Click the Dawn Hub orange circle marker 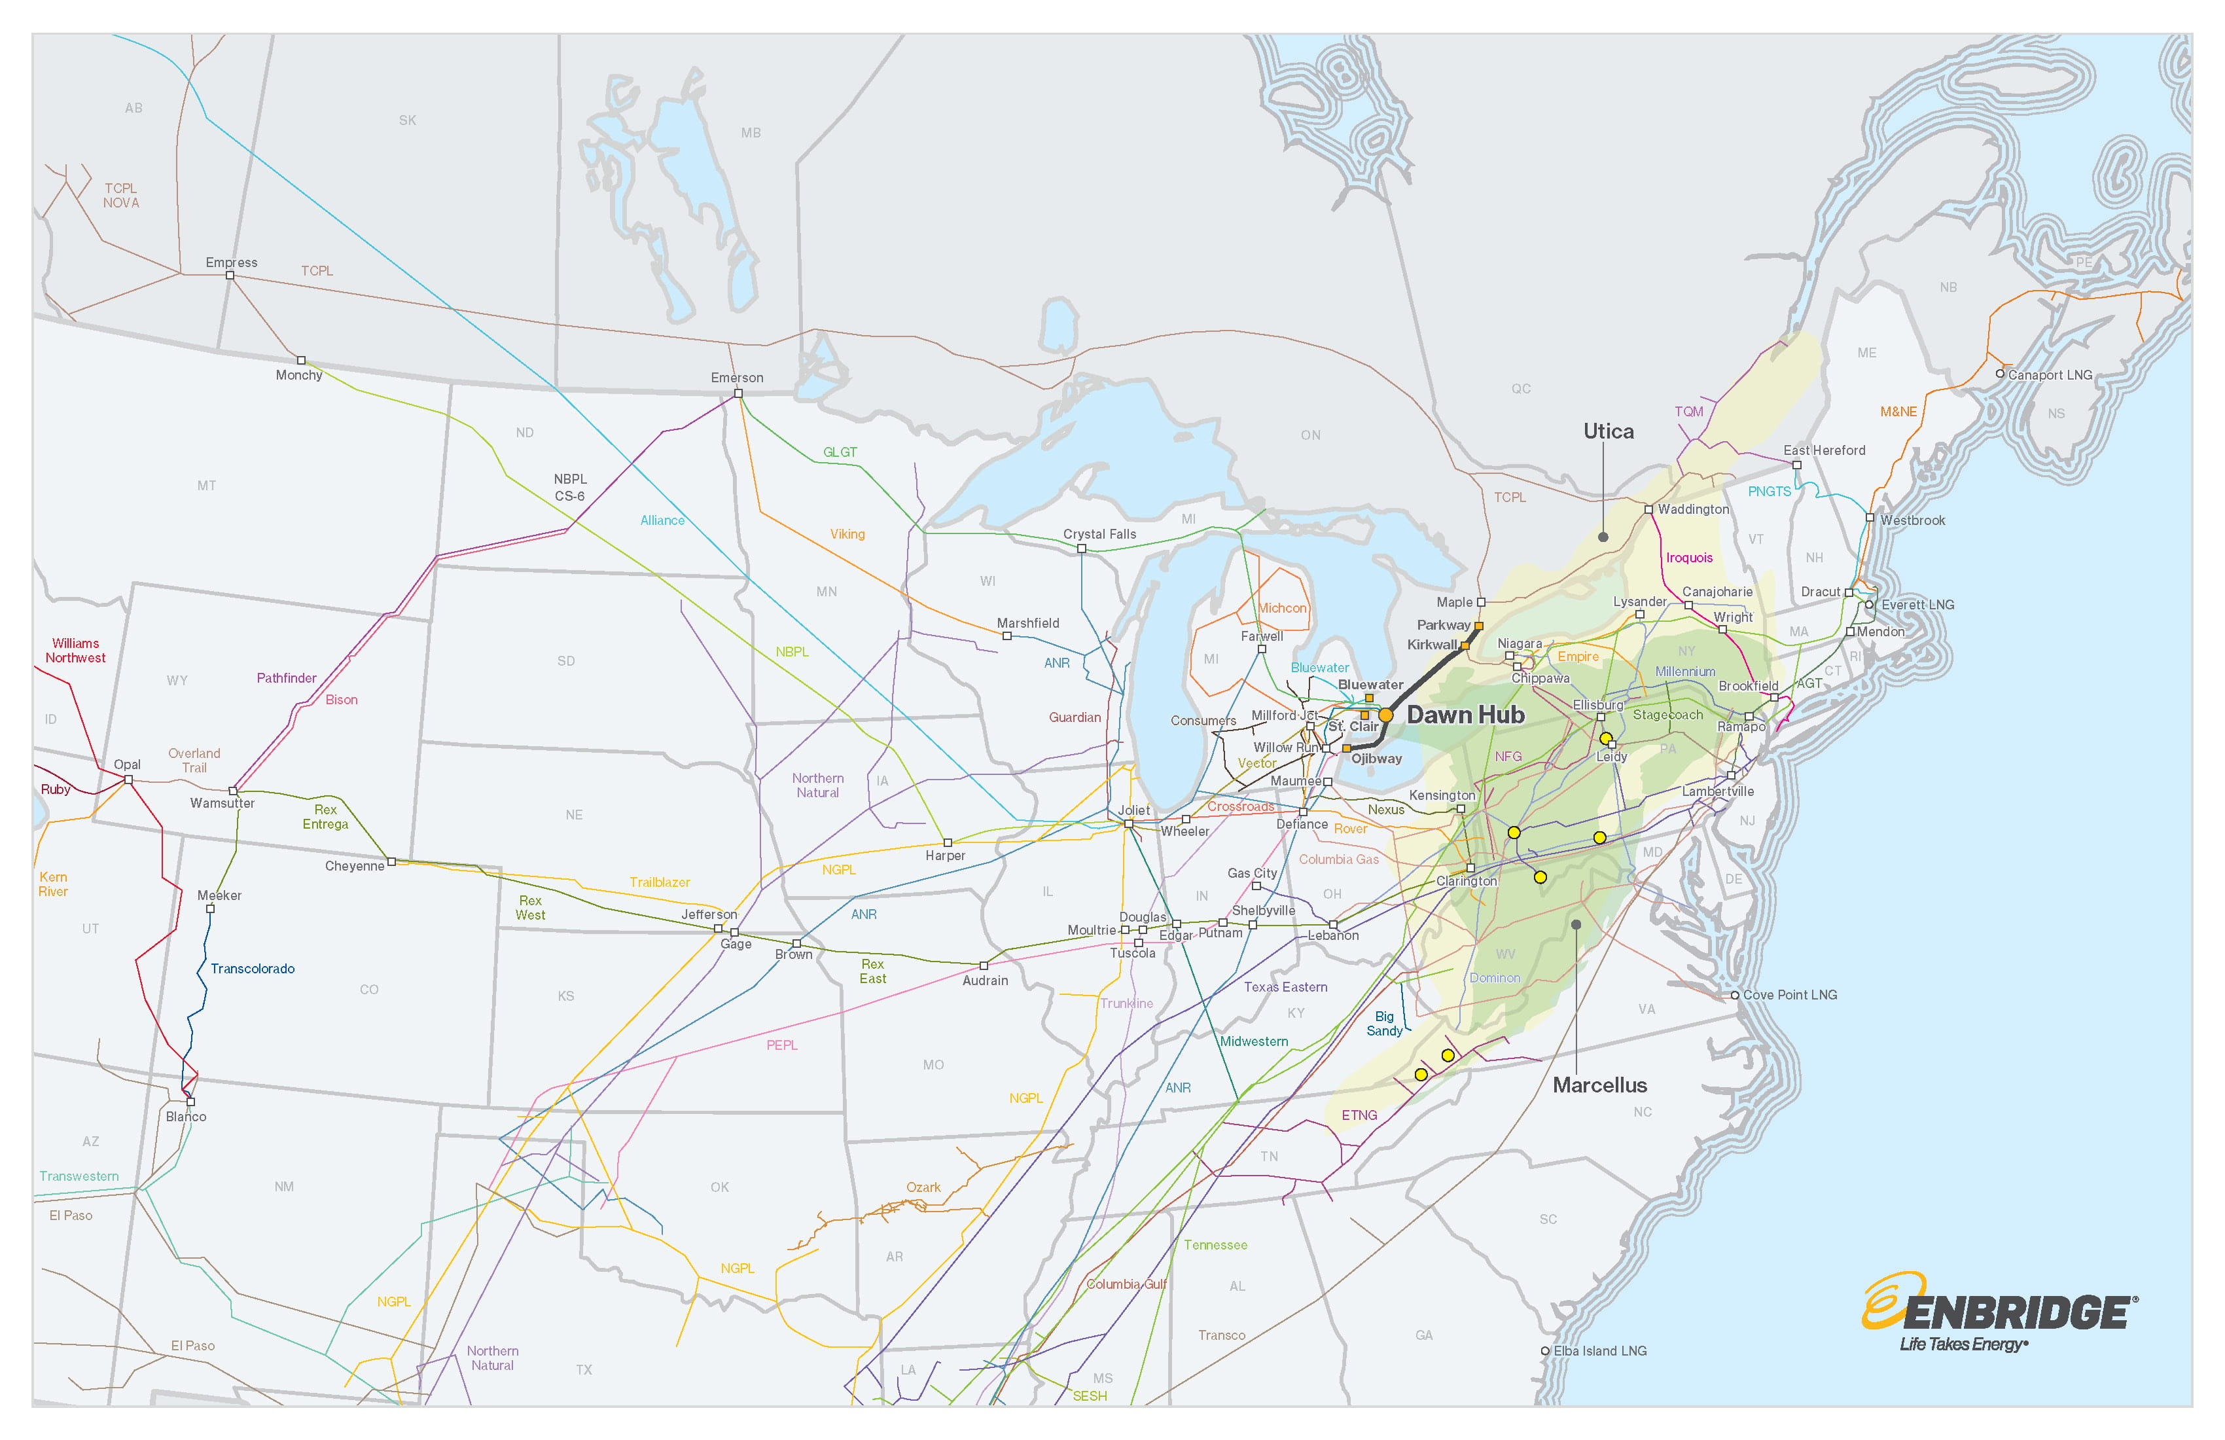click(x=1385, y=715)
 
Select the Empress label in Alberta click(x=231, y=262)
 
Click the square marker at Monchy click(x=301, y=360)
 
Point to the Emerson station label click(x=737, y=378)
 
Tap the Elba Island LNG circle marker click(x=1545, y=1351)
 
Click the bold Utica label click(x=1608, y=432)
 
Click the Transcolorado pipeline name click(x=253, y=969)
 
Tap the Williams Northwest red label click(x=76, y=651)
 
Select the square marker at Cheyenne click(x=392, y=861)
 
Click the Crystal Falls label click(x=1099, y=534)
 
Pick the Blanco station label click(x=186, y=1117)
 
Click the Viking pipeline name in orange click(x=847, y=534)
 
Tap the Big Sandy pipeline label click(x=1385, y=1024)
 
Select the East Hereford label click(x=1824, y=451)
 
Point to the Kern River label click(x=53, y=884)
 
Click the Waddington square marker click(x=1648, y=510)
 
